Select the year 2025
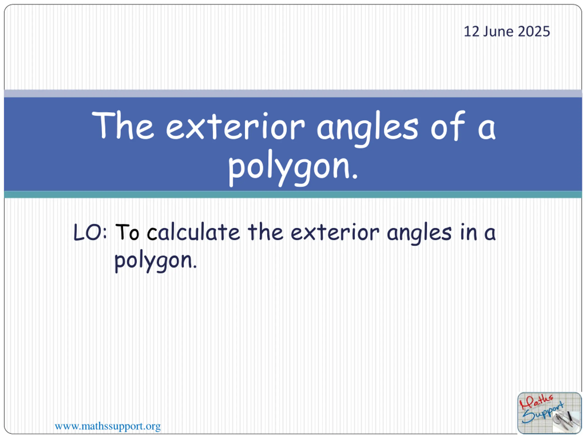click(534, 32)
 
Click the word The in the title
click(123, 125)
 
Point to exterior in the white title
click(235, 126)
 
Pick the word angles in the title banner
click(367, 128)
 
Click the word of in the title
click(448, 125)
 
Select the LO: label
click(90, 232)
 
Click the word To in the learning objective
click(127, 232)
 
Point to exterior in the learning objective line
click(335, 232)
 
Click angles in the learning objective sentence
click(419, 233)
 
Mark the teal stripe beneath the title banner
click(293, 194)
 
